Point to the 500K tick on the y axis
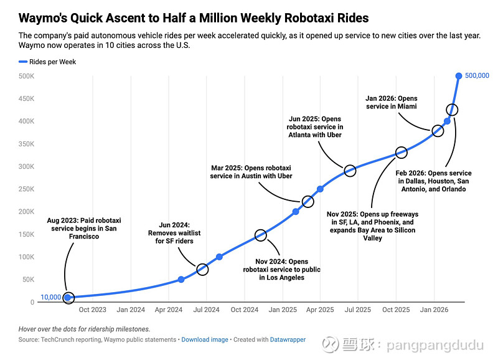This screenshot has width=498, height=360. [26, 76]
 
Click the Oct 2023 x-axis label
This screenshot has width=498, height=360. [93, 310]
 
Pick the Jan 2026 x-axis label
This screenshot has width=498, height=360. [434, 310]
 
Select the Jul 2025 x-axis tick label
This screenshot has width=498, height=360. [358, 310]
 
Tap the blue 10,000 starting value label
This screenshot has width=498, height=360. [50, 297]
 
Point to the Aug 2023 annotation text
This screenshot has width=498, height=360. [84, 228]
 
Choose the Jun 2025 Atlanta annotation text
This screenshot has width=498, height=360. [314, 126]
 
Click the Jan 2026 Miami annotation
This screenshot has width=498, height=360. [391, 102]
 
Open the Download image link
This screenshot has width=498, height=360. [204, 339]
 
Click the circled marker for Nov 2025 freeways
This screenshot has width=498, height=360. [401, 153]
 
